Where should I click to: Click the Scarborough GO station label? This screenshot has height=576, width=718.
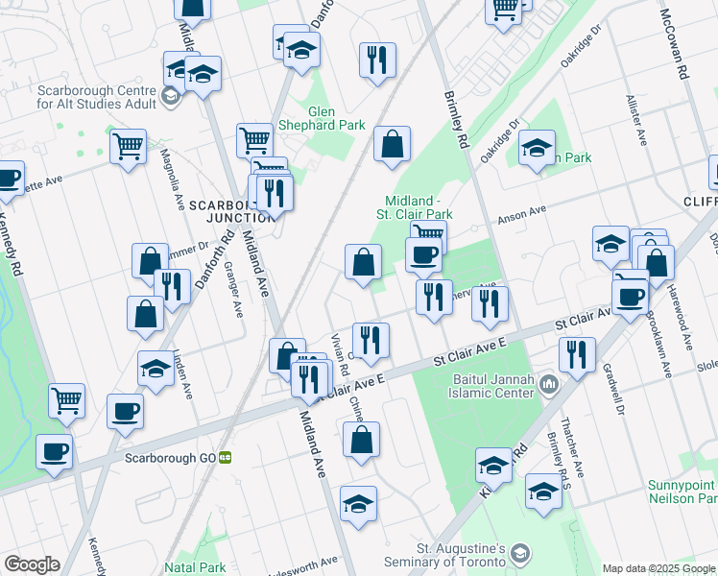pos(171,458)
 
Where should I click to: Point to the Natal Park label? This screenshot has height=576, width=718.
pos(194,567)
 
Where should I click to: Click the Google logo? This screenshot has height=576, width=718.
pos(31,564)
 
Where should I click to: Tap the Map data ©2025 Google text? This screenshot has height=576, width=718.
pos(658,568)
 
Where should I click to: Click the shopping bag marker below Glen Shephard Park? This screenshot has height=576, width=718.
pos(392,145)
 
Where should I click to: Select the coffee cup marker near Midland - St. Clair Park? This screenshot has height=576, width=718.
pos(423,255)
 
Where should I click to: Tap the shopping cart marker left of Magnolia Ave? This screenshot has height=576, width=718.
pos(128,148)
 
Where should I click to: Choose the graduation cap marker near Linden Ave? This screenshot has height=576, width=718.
pos(155,370)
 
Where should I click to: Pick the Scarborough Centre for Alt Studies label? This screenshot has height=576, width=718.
pos(86,94)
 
